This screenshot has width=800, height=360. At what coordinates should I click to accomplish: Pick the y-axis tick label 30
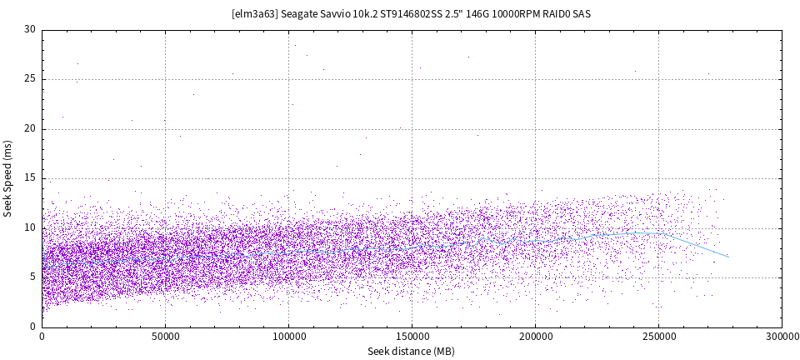tap(30, 29)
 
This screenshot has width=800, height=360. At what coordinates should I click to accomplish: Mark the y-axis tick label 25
tap(30, 79)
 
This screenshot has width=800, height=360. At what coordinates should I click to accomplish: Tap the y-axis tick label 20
tap(30, 128)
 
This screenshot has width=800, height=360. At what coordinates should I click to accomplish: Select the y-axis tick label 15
tap(30, 178)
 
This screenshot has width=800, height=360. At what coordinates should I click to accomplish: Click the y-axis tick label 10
tap(30, 227)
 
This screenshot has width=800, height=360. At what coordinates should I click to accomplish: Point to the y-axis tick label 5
tap(32, 277)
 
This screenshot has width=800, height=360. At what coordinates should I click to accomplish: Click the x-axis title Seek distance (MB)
tap(412, 351)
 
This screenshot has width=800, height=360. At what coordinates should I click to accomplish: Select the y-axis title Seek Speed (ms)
tap(8, 178)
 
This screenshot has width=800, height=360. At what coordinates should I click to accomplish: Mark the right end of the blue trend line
tap(729, 257)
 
